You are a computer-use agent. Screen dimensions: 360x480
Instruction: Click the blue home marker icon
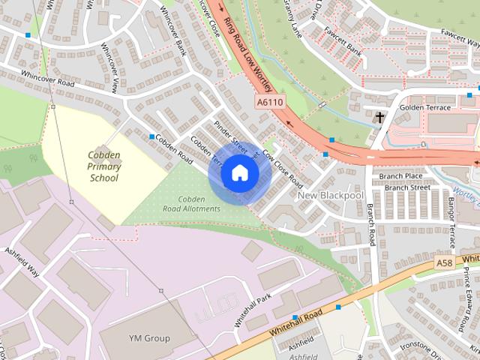[x=238, y=173]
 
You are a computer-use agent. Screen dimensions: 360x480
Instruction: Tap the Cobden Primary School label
[x=103, y=167]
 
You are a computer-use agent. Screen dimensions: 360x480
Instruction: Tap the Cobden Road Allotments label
[x=192, y=203]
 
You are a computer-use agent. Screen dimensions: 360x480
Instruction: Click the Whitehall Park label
[x=250, y=310]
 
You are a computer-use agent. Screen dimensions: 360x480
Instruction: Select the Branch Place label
[x=400, y=176]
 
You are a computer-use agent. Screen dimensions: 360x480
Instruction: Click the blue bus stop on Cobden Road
[x=152, y=136]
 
